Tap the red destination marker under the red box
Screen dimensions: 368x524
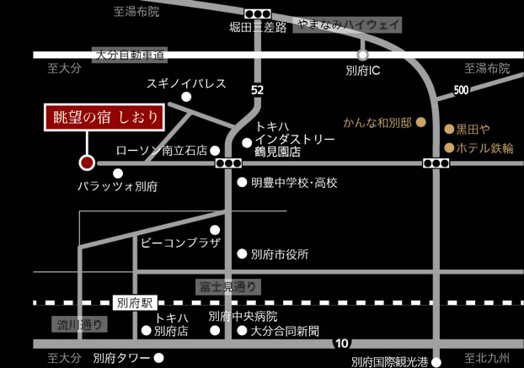pos(85,163)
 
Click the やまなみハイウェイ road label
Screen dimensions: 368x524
pos(348,25)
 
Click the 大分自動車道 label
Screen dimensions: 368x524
pos(131,54)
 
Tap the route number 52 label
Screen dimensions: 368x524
pos(257,89)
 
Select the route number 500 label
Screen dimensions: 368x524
pos(460,90)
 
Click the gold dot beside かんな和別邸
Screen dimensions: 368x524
pos(423,123)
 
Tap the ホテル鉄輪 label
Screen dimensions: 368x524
pos(484,147)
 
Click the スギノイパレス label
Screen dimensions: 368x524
pos(186,83)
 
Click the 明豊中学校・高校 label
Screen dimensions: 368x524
pos(293,182)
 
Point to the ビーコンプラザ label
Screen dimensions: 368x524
pos(180,243)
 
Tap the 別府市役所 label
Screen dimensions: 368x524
pos(280,253)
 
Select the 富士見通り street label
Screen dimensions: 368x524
pos(227,287)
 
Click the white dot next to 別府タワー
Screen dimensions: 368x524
pos(158,357)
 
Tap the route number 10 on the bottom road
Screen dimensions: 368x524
pos(340,343)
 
